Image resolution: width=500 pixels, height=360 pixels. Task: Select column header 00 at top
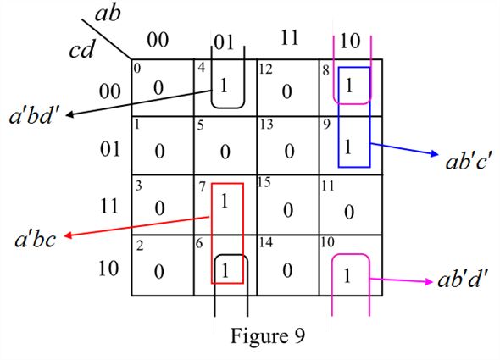(158, 39)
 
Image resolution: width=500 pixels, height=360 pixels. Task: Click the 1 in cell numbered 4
(224, 86)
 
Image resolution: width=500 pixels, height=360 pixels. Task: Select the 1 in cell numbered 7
(224, 202)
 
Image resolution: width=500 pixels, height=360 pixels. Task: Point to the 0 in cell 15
(287, 208)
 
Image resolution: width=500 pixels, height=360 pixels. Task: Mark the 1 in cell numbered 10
(348, 275)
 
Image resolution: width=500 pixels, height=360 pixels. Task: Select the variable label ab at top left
(107, 14)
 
